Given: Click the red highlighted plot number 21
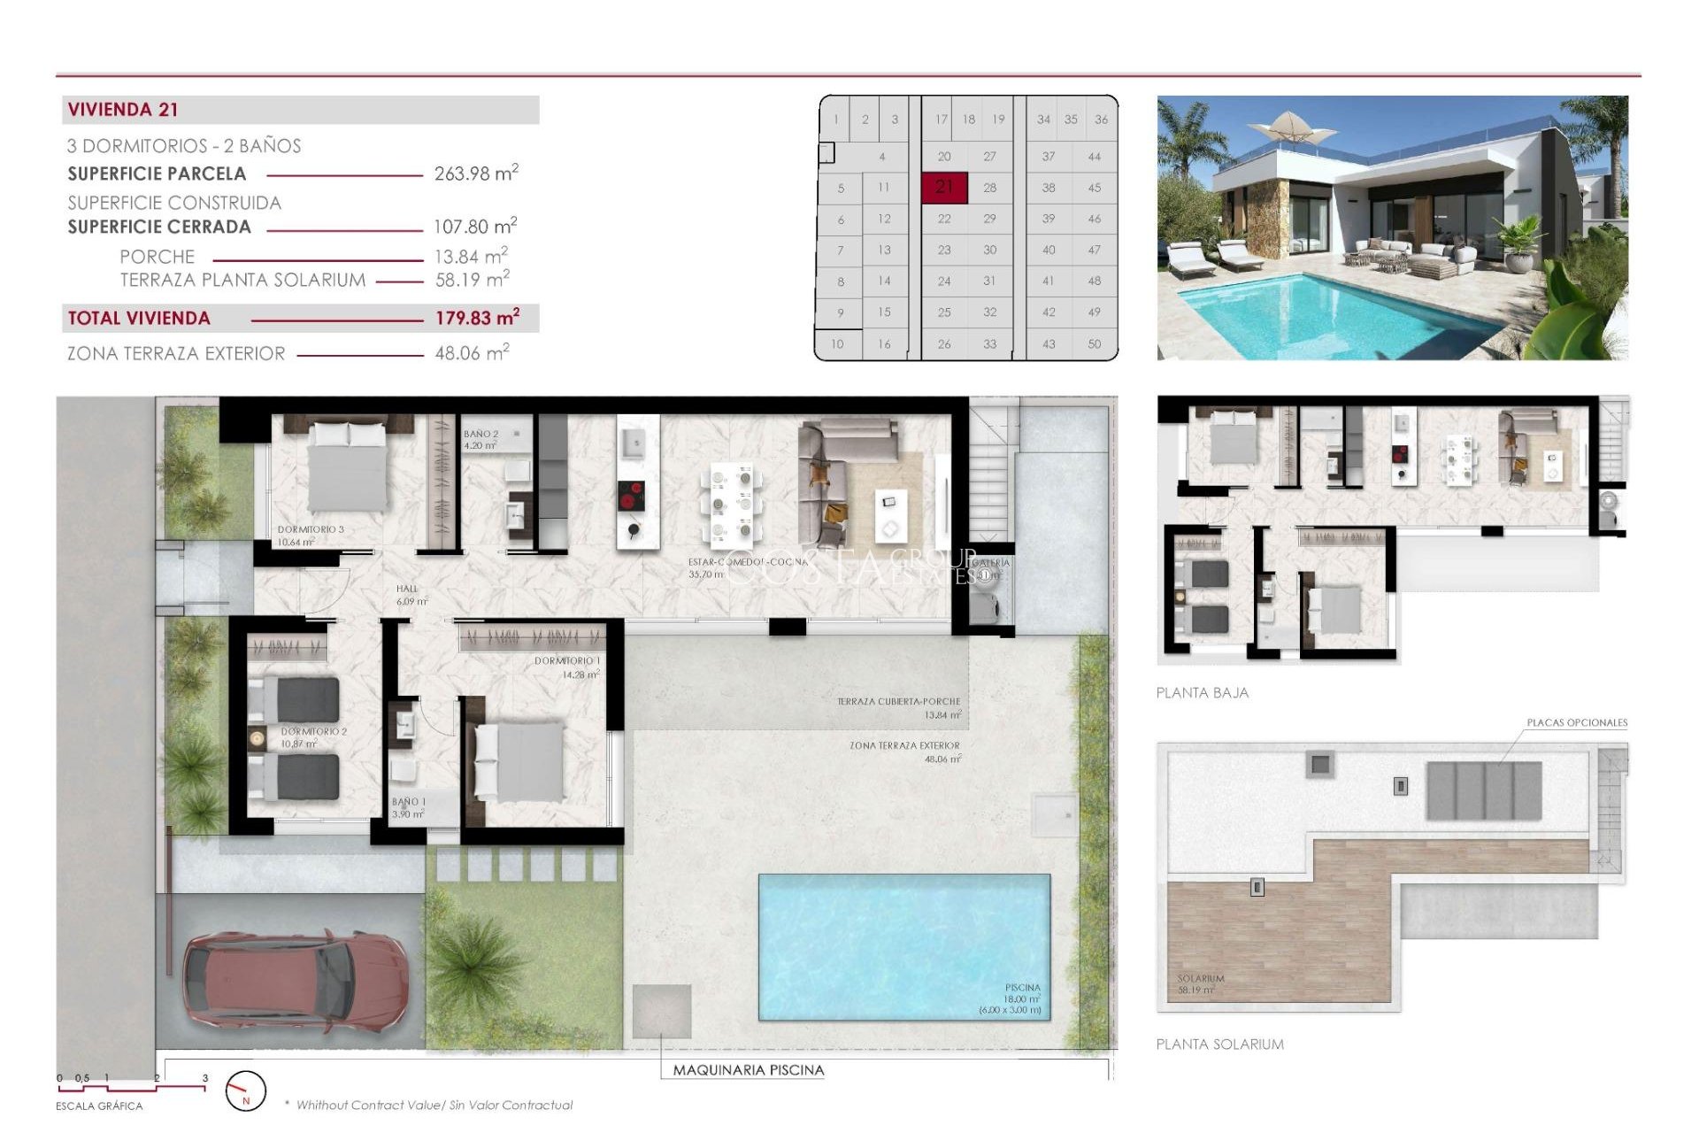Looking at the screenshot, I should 944,187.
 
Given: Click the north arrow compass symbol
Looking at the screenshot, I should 245,1091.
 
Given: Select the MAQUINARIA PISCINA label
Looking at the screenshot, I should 748,1070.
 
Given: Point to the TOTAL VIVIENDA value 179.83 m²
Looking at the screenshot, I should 477,318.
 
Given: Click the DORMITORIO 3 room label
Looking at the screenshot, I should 310,529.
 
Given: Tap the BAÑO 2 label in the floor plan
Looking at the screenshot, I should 480,434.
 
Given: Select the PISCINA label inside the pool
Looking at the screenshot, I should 1022,987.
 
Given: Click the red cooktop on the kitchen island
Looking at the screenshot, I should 630,497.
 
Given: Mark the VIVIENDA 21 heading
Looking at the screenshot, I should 123,110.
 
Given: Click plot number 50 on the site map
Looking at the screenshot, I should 1094,343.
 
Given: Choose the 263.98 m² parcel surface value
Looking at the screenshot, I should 475,173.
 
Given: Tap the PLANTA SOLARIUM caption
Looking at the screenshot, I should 1219,1044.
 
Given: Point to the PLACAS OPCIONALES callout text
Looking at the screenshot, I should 1576,722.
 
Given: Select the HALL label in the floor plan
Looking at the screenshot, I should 407,589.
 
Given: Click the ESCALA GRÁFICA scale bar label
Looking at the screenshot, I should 99,1106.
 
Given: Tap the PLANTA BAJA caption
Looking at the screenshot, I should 1202,693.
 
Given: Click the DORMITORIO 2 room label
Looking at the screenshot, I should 313,732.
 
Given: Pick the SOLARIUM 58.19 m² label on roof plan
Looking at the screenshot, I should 1200,983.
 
